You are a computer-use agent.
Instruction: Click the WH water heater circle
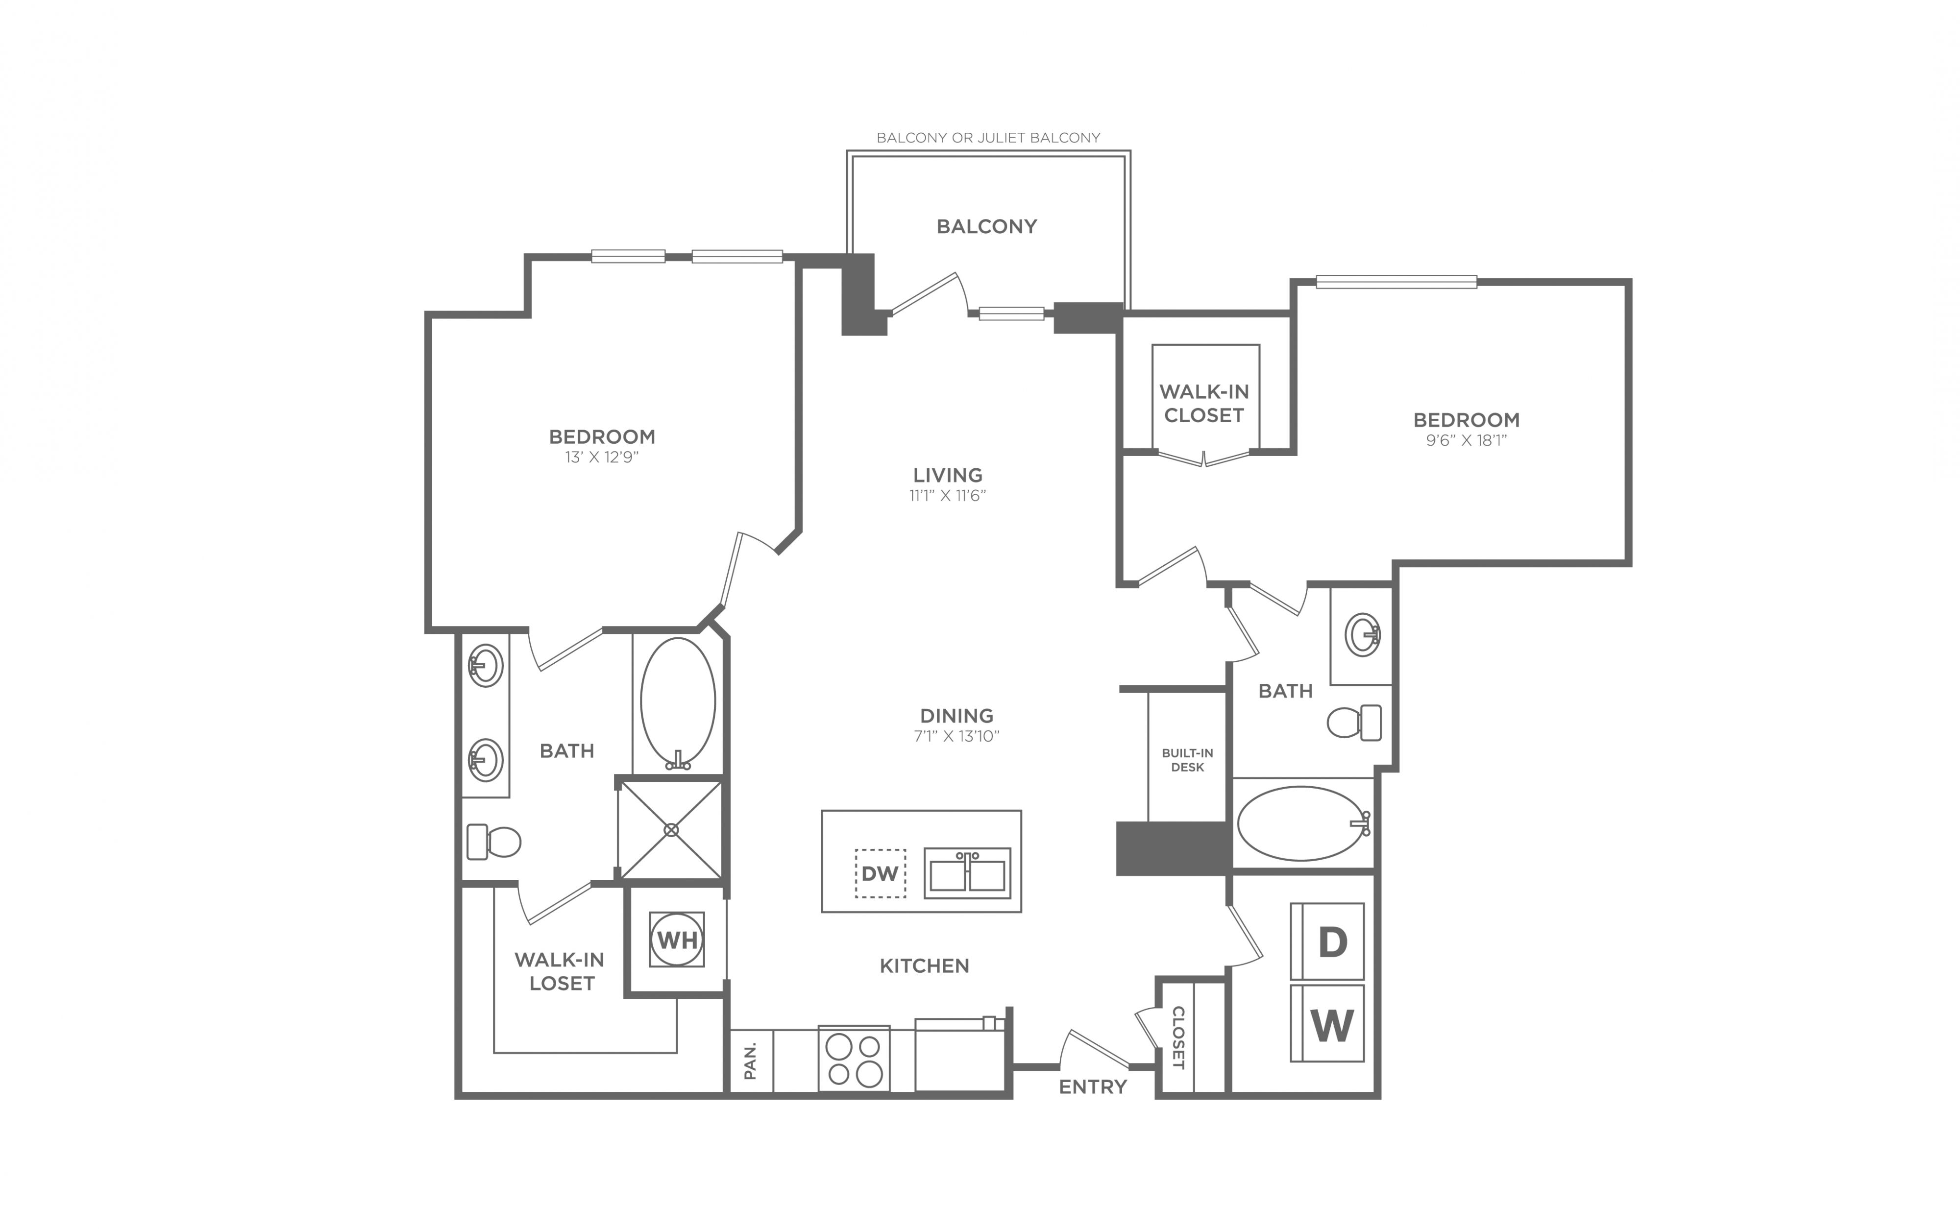[x=676, y=940]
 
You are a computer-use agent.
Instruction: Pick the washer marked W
[x=1327, y=1023]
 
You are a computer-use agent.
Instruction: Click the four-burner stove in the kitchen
[x=854, y=1059]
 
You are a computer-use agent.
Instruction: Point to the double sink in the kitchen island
[x=967, y=873]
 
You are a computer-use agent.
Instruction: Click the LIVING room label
[x=948, y=475]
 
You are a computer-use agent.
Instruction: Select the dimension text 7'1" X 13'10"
[x=957, y=736]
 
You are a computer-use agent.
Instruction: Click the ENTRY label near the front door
[x=1093, y=1087]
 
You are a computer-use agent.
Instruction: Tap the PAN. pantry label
[x=750, y=1061]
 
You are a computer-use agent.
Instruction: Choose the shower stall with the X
[x=671, y=830]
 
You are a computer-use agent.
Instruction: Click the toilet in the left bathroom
[x=493, y=842]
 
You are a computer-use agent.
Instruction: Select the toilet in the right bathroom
[x=1354, y=722]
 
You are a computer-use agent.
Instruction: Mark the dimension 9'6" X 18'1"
[x=1467, y=440]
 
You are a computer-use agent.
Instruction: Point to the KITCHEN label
[x=924, y=965]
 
